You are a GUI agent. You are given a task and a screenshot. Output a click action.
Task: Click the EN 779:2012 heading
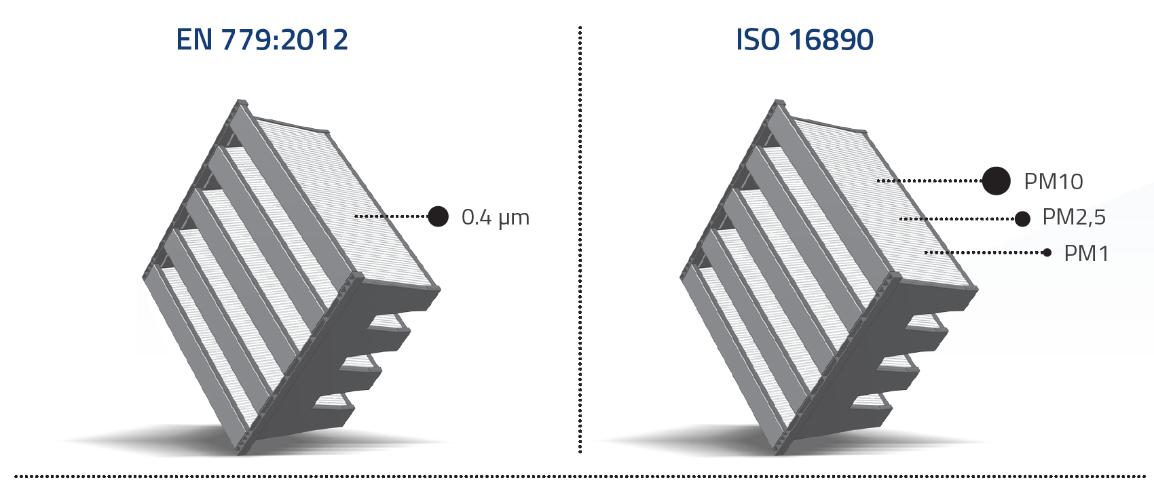(x=262, y=40)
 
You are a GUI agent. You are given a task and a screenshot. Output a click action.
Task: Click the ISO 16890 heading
(x=804, y=40)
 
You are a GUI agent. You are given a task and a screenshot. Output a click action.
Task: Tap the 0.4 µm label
(x=495, y=217)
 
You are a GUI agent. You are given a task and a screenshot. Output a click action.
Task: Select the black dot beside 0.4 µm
(x=439, y=216)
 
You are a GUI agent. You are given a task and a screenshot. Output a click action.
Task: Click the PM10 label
(x=1053, y=182)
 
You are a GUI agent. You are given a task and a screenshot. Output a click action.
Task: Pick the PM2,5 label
(x=1073, y=217)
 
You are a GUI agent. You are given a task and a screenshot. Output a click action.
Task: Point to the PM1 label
(x=1085, y=254)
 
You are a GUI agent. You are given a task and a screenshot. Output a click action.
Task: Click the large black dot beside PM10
(x=996, y=180)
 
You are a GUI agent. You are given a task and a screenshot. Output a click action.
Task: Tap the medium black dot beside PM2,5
(x=1022, y=218)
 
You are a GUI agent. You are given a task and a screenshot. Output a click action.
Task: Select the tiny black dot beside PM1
(x=1047, y=252)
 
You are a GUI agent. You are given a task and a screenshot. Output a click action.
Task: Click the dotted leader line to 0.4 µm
(x=391, y=216)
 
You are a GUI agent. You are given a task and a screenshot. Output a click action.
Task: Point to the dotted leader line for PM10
(x=930, y=181)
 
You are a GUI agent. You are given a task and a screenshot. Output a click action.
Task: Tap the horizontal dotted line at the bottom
(x=577, y=477)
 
